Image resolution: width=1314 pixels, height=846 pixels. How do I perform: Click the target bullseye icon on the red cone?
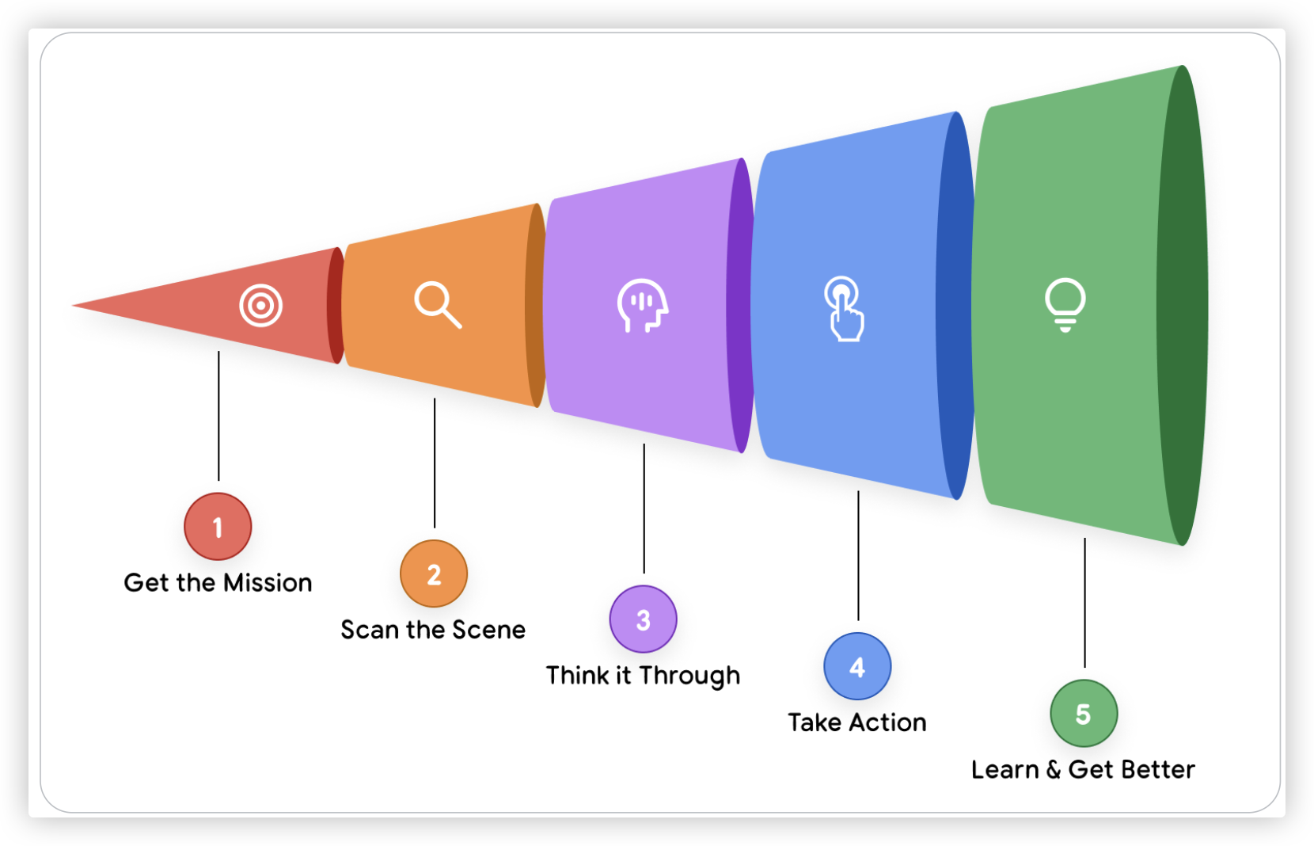click(260, 305)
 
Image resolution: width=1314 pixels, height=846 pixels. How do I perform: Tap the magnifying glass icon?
click(437, 304)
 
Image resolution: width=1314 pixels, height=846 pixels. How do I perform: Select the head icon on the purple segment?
click(643, 305)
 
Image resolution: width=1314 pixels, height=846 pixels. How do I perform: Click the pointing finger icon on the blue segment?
click(844, 308)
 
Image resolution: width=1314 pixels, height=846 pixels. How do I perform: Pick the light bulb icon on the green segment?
click(1065, 304)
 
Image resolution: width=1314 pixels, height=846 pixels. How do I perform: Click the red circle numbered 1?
click(218, 527)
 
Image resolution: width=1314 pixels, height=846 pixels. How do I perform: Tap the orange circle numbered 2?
click(434, 574)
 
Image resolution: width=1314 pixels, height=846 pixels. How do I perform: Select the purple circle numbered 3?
click(643, 619)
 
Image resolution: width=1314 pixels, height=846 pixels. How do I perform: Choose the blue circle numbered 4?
click(857, 666)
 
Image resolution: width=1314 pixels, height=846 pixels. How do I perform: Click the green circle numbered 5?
click(1084, 713)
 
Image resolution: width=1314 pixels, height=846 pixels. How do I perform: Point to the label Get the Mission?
click(218, 583)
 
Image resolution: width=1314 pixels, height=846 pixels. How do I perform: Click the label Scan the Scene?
click(433, 630)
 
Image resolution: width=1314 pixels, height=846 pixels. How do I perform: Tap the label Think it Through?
click(643, 676)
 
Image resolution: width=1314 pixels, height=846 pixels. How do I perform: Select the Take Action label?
click(857, 722)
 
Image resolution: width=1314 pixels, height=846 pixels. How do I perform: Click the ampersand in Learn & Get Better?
click(1054, 770)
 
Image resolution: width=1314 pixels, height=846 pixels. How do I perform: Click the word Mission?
click(268, 583)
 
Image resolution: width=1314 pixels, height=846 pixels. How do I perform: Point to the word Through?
click(689, 676)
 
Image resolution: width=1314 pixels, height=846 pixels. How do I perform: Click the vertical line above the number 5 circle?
click(1084, 602)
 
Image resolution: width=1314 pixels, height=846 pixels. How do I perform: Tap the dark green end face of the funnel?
click(1183, 305)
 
